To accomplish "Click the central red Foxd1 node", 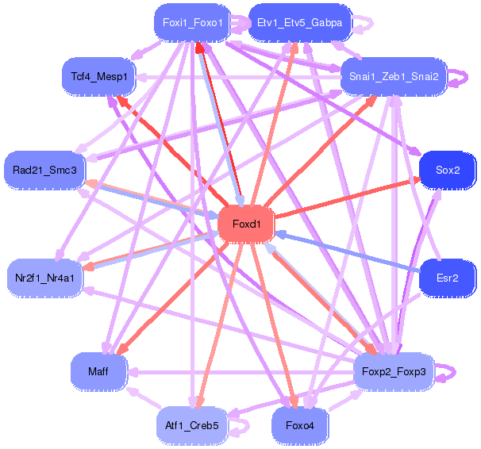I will [x=246, y=224].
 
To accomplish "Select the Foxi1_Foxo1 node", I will [x=192, y=22].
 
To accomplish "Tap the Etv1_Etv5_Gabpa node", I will [x=299, y=22].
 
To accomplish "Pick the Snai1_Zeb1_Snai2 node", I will [x=393, y=76].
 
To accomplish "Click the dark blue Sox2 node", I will [x=447, y=170].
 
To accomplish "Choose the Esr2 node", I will [x=447, y=278].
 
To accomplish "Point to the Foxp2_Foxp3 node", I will [x=394, y=371].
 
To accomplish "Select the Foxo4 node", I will [x=299, y=426].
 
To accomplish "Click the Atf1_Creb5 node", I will [x=192, y=426].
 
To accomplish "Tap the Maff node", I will [x=98, y=371].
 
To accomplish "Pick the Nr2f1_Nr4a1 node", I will [x=44, y=278].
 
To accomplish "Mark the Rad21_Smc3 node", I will [x=44, y=170].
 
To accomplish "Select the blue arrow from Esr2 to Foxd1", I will [x=349, y=253].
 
